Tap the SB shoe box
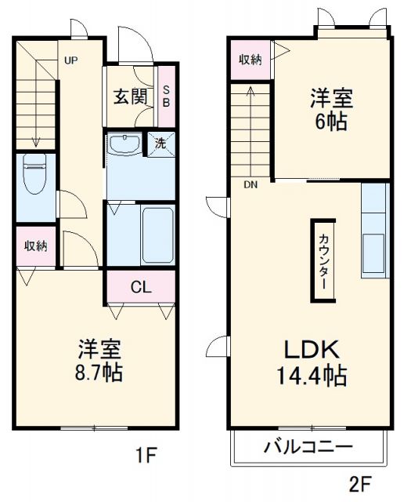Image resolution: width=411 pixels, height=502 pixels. click(x=167, y=96)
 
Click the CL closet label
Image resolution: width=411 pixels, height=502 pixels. click(x=140, y=287)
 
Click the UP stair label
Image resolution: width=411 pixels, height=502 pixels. click(x=70, y=60)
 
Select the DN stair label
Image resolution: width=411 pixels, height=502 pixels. click(x=251, y=186)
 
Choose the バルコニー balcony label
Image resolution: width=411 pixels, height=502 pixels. click(x=308, y=449)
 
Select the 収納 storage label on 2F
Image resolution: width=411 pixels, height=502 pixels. click(x=251, y=60)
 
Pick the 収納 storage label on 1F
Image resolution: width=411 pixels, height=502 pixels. click(x=34, y=246)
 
